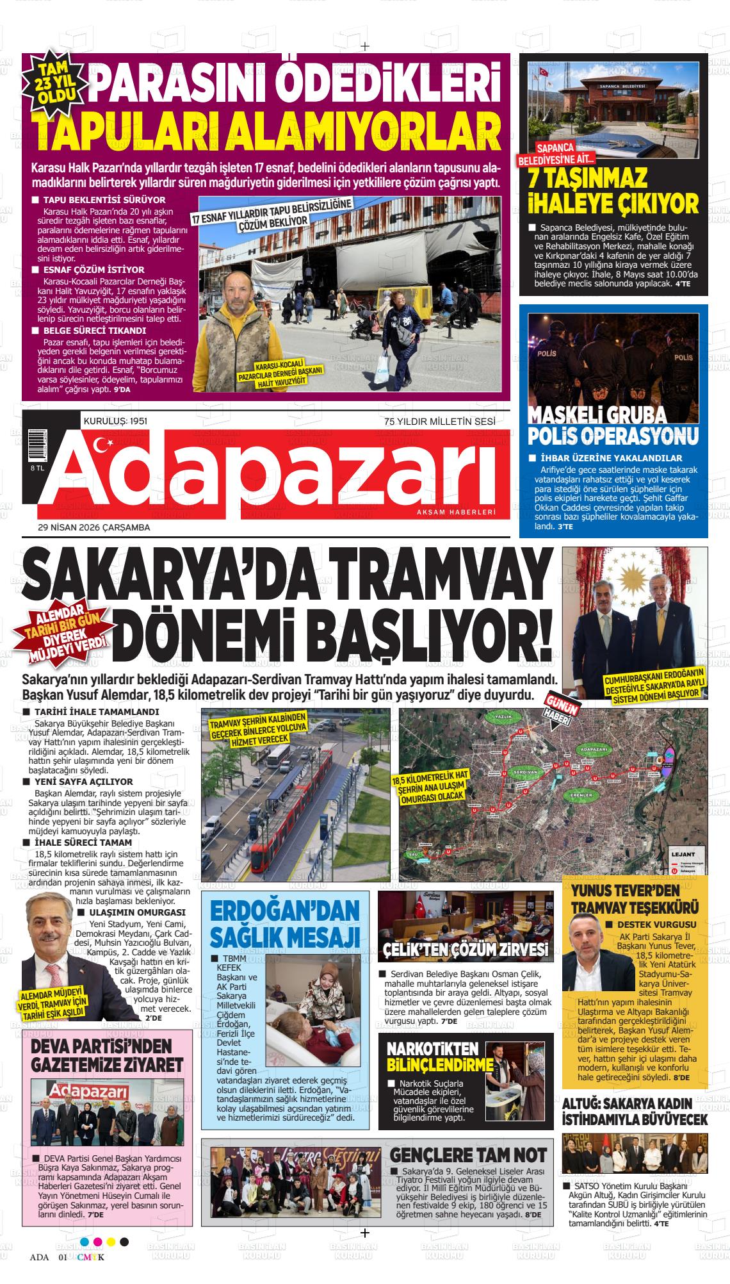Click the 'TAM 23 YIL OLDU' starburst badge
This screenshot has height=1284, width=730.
point(59,83)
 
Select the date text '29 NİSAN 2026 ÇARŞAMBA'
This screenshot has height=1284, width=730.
point(94,527)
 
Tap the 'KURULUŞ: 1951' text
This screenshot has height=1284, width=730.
point(116,421)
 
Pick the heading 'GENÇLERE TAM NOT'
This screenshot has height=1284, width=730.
point(468,1155)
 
